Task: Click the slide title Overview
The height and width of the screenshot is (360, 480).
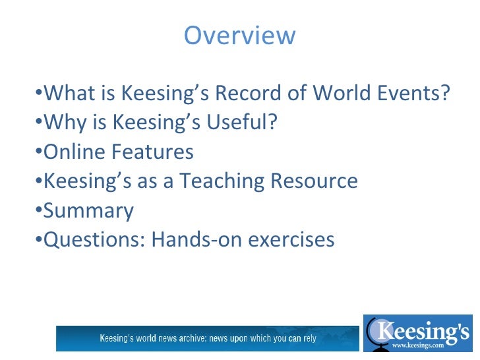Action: pos(240,35)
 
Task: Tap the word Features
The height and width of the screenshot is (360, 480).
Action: pos(152,152)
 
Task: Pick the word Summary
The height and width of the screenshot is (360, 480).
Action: pos(88,211)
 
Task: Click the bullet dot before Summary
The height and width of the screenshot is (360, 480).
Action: pos(38,211)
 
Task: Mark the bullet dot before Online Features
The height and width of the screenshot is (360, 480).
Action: pos(38,152)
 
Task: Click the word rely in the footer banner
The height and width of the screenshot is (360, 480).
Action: pos(309,339)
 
